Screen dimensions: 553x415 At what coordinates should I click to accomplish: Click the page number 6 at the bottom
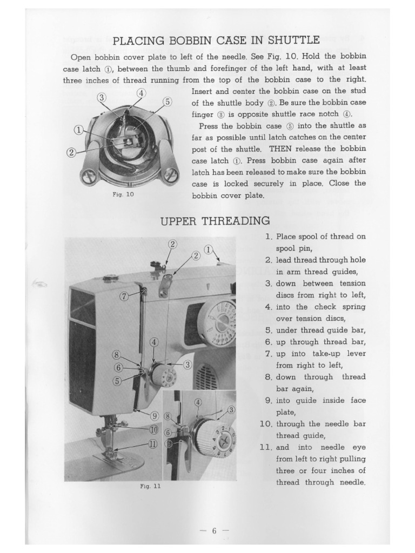tap(214, 530)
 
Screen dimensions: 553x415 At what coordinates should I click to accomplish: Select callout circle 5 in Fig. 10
tap(167, 102)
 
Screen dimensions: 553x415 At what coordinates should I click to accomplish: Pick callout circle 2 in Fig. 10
tap(71, 152)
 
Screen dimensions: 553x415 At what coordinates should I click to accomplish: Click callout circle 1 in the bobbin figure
tap(79, 130)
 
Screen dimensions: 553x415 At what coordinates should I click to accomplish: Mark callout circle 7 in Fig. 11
tap(124, 295)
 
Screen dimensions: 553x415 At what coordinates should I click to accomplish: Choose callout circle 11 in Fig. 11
tap(152, 444)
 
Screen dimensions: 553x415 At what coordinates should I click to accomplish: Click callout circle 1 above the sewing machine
tap(209, 249)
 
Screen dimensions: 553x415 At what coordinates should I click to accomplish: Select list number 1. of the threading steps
tap(269, 237)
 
